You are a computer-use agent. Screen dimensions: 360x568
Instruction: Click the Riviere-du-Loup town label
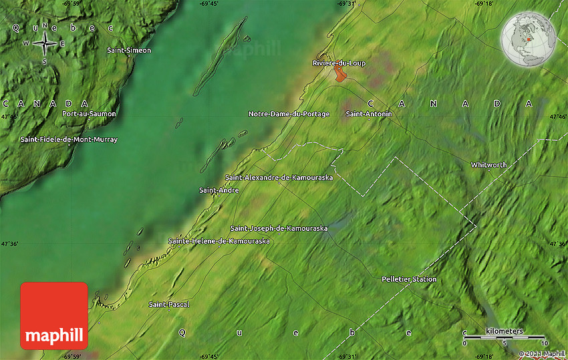tap(339, 63)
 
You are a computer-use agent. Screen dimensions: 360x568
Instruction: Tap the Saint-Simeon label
tap(129, 50)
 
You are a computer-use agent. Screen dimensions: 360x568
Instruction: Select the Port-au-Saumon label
tap(88, 114)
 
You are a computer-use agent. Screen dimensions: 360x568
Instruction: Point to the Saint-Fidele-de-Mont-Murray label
tap(68, 140)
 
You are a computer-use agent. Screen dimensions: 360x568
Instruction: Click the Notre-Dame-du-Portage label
tap(289, 114)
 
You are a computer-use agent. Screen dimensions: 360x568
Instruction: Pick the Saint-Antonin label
tap(369, 114)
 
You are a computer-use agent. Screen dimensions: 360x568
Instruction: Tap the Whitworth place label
tap(488, 165)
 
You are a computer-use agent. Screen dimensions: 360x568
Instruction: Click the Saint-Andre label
tap(219, 190)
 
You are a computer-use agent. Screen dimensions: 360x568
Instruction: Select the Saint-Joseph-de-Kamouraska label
tap(279, 228)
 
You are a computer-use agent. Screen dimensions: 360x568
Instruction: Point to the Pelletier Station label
tap(409, 279)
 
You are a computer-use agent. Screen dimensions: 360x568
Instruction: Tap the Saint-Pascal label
tap(169, 305)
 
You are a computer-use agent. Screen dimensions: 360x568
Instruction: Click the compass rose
tap(45, 43)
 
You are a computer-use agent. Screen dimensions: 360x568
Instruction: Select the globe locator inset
tap(529, 40)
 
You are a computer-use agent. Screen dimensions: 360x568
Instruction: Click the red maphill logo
tap(54, 315)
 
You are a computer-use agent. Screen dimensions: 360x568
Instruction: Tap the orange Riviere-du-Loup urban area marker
tap(341, 74)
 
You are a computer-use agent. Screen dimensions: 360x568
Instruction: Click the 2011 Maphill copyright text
tap(543, 353)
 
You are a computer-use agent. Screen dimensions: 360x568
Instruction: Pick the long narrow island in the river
tap(221, 56)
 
